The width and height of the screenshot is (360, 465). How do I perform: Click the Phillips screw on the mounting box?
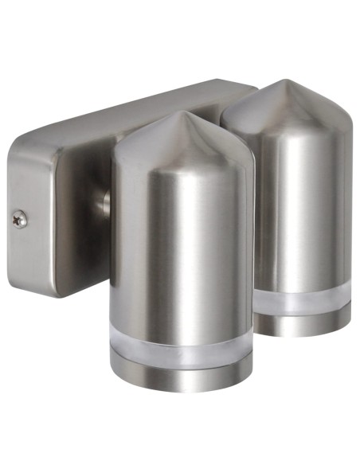pos(21,216)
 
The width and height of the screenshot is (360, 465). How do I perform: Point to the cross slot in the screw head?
pos(21,216)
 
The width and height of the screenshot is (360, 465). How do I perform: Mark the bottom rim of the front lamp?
pos(182,389)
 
